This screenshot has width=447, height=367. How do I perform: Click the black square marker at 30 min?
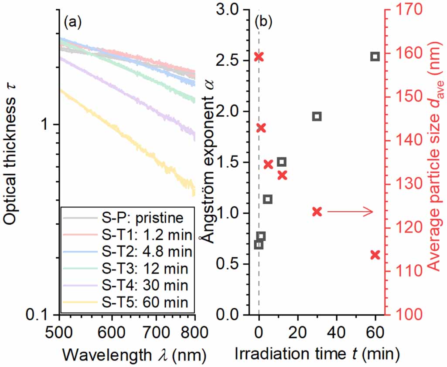tap(317, 116)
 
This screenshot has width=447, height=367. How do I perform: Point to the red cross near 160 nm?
tap(259, 57)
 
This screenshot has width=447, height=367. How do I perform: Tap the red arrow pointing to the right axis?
tap(350, 212)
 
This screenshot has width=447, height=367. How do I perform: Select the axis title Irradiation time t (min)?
tap(317, 354)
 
